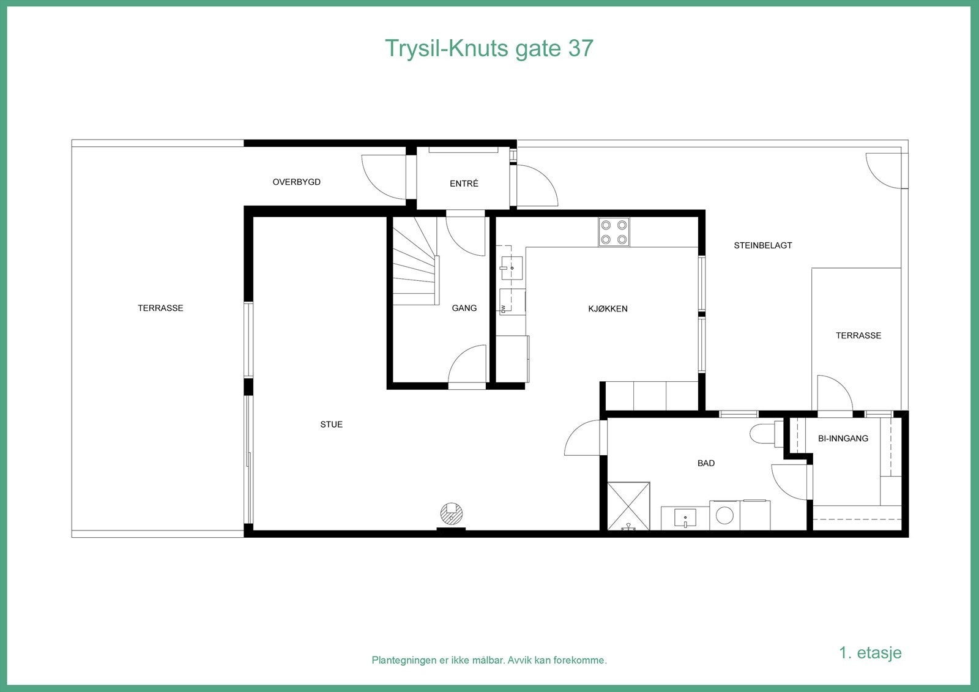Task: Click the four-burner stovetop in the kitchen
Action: pyautogui.click(x=614, y=233)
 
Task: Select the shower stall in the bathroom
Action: pyautogui.click(x=628, y=506)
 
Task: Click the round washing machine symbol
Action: pyautogui.click(x=724, y=515)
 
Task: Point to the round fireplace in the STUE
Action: pyautogui.click(x=452, y=513)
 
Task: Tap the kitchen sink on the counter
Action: pyautogui.click(x=510, y=267)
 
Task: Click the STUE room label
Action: pyautogui.click(x=331, y=425)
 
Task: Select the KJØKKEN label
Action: pyautogui.click(x=608, y=309)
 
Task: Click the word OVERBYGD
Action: pyautogui.click(x=296, y=182)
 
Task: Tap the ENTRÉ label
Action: pyautogui.click(x=464, y=184)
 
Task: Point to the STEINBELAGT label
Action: pyautogui.click(x=762, y=245)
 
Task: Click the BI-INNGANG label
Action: pyautogui.click(x=843, y=439)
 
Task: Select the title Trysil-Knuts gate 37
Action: pyautogui.click(x=489, y=48)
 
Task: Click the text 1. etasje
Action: pyautogui.click(x=870, y=652)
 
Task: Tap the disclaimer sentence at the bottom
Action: pyautogui.click(x=489, y=660)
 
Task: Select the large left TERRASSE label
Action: pyautogui.click(x=160, y=308)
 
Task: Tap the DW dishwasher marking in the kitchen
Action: pyautogui.click(x=503, y=308)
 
